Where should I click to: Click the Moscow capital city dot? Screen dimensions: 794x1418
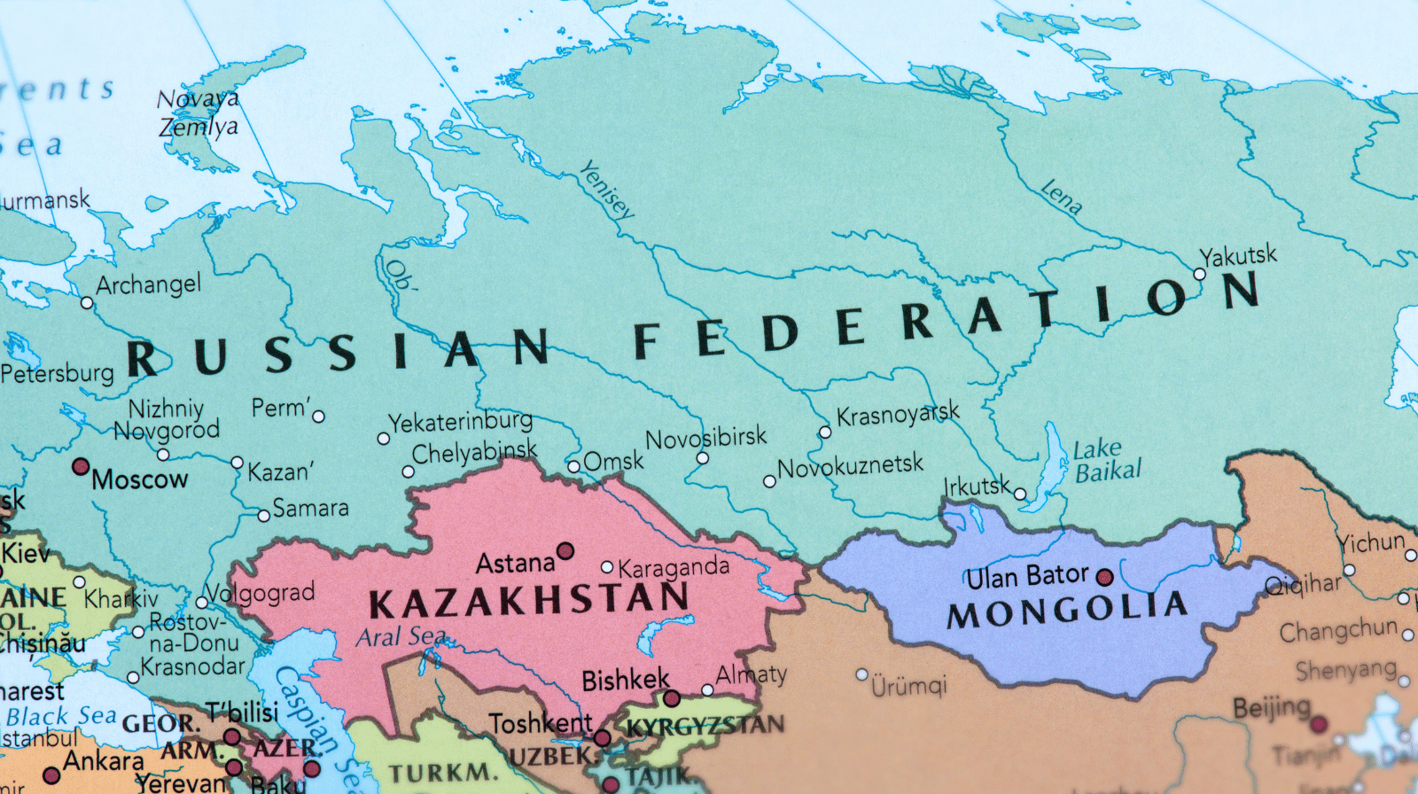(81, 466)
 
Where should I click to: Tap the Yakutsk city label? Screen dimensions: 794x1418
(1238, 256)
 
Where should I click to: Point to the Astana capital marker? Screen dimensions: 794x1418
(565, 551)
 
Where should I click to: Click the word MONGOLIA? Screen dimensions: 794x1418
(1067, 610)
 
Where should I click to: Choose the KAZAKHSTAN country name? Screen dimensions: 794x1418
(529, 602)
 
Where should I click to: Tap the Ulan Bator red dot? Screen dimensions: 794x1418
(1104, 578)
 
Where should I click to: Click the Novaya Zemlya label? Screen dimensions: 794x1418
(199, 113)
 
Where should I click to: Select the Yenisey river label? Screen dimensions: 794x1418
(607, 190)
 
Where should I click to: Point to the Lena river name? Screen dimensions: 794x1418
(1061, 197)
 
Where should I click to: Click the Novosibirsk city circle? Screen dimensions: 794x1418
(702, 458)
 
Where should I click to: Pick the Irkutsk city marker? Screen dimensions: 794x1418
(1020, 494)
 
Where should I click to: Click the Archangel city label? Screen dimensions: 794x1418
(148, 284)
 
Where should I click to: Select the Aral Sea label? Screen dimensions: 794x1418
(401, 636)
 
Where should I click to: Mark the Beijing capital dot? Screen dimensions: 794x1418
(1319, 725)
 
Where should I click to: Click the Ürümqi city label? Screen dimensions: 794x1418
(908, 685)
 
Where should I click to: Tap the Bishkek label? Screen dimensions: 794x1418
(625, 681)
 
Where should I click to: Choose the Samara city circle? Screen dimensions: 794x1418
(263, 516)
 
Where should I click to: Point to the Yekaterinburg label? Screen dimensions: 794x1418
(460, 421)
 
